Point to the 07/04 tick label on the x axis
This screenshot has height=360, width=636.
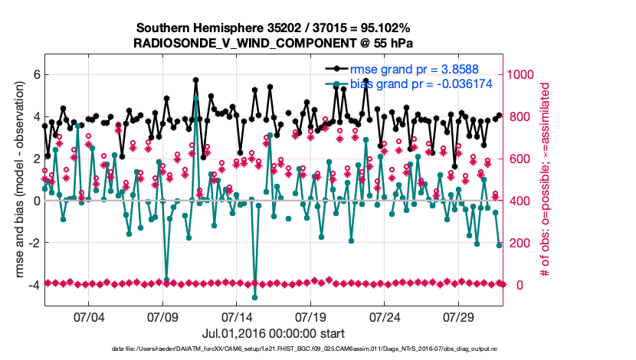coord(88,316)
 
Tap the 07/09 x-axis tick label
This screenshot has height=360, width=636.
coord(162,316)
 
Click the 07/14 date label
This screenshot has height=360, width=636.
coord(237,316)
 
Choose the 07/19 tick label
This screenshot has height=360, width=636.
coord(311,316)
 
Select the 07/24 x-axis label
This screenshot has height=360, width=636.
coord(385,316)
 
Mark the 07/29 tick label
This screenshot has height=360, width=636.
coord(460,316)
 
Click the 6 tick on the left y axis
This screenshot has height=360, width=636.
coord(35,74)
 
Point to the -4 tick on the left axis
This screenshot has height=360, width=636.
coord(33,285)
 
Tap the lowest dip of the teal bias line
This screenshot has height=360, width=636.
coord(254,297)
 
